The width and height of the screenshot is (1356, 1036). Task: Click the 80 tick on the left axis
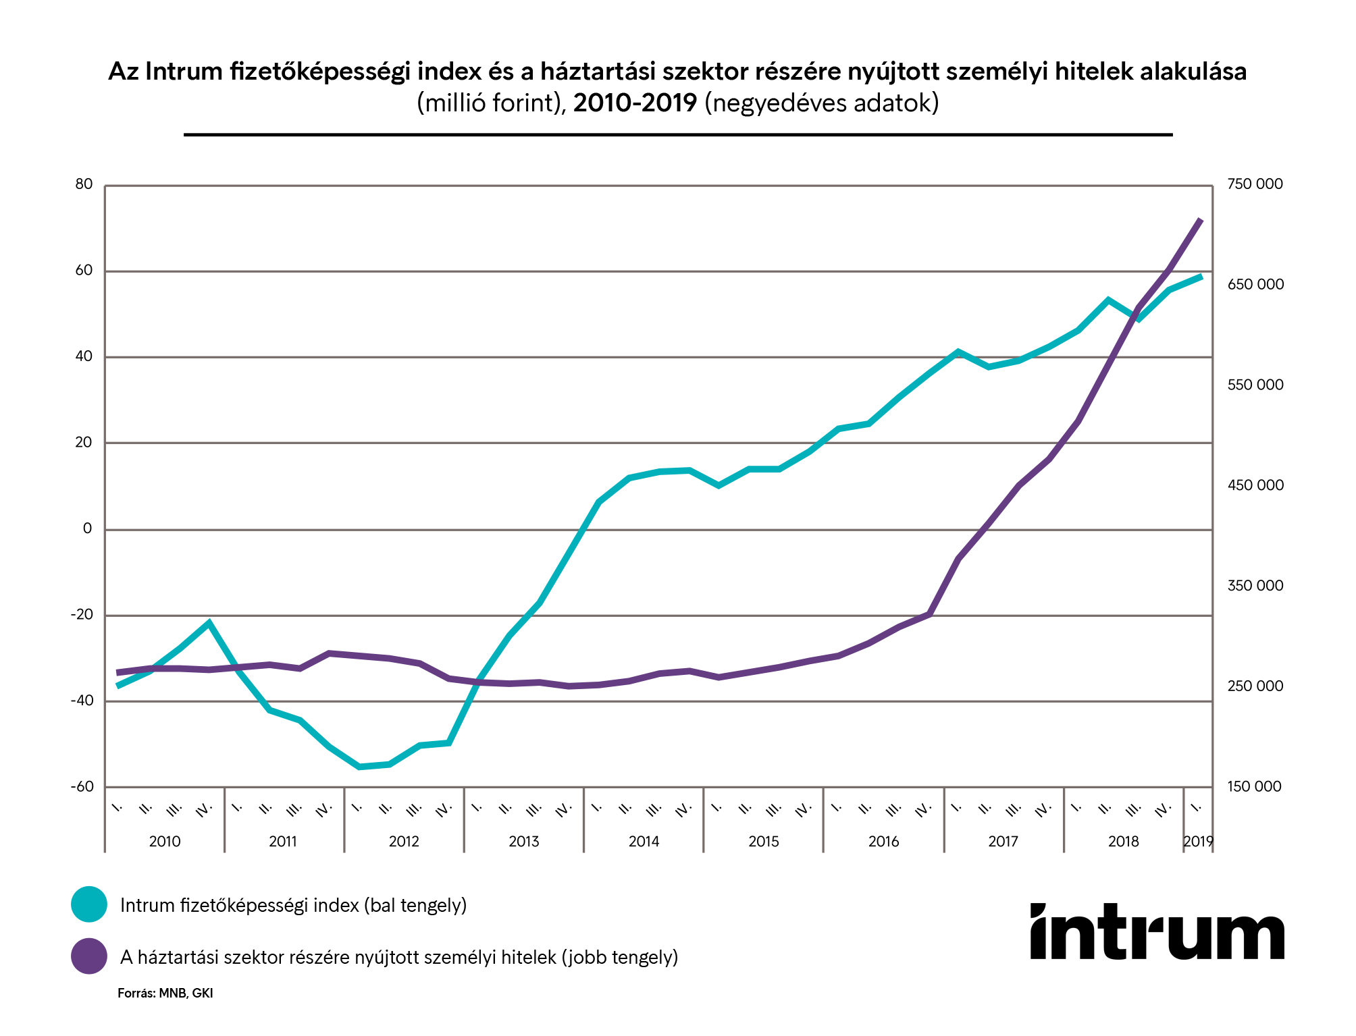pos(84,184)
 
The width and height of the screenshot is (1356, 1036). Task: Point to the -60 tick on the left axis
pos(82,787)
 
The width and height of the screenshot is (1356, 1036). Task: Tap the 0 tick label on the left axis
pos(87,529)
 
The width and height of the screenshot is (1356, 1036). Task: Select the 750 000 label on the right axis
pos(1255,184)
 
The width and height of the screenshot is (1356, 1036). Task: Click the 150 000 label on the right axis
pos(1254,787)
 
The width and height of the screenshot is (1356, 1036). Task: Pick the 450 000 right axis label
pos(1255,485)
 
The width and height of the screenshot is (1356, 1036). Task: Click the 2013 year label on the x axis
pos(524,842)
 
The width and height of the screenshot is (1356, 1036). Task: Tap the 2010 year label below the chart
pos(165,842)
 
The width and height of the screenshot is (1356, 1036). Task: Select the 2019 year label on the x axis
pos(1198,842)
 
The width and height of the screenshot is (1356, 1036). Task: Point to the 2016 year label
pos(883,842)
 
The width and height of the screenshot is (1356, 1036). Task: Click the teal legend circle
pos(89,904)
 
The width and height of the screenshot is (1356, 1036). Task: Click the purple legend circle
pos(89,956)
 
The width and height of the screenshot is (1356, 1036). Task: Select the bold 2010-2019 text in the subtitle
pos(635,103)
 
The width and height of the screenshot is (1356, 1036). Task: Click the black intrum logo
pos(1157,932)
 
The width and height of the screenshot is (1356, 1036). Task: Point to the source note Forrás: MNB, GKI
pos(165,993)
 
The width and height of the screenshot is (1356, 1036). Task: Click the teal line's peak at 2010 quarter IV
pos(209,622)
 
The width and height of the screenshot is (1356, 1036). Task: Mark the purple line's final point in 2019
pos(1201,219)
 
